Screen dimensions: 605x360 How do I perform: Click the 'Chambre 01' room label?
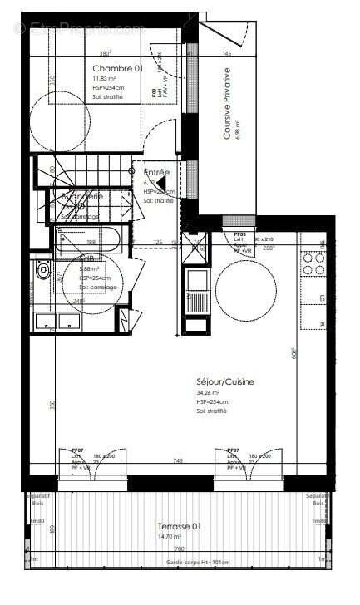(116, 68)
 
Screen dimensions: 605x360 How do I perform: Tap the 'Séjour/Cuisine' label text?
(225, 381)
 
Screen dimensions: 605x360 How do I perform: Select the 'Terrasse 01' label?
(180, 526)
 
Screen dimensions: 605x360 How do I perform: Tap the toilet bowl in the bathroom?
(45, 271)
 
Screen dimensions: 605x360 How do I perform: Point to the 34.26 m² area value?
(208, 392)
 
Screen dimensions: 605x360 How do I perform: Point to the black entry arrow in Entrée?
(162, 184)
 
